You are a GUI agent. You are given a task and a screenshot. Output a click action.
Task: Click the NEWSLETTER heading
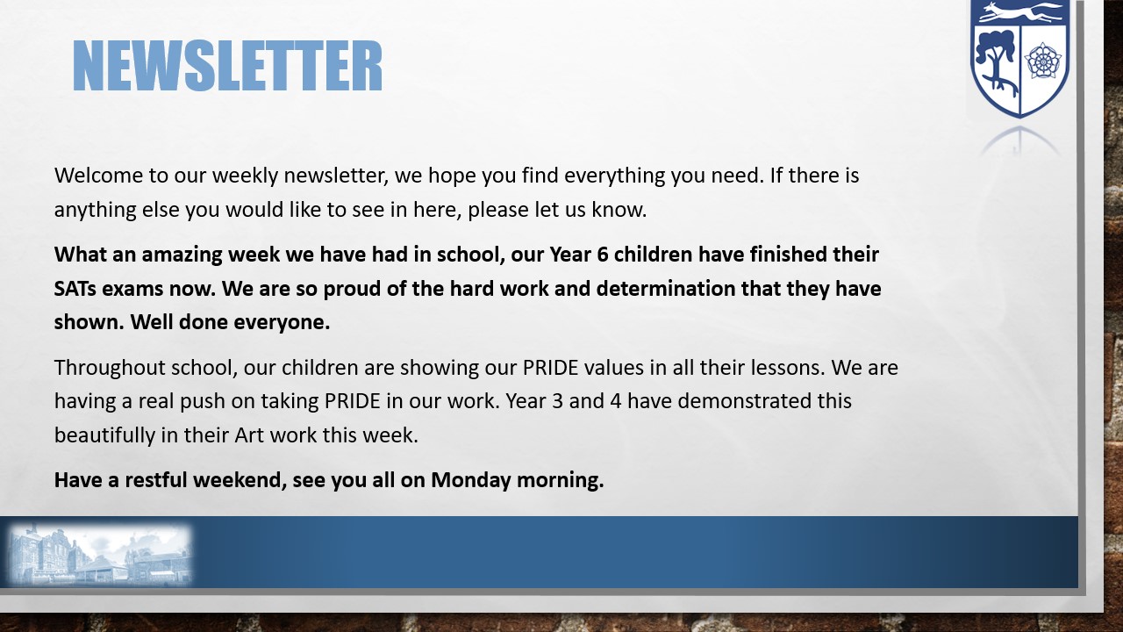tap(227, 66)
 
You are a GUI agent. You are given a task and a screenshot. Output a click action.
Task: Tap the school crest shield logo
tap(1019, 59)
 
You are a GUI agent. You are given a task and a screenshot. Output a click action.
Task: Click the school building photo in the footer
tap(99, 554)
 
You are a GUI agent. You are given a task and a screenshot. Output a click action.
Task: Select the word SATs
tap(75, 289)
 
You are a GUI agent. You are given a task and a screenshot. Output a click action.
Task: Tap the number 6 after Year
tap(603, 255)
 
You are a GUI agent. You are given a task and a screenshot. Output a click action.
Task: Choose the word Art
tap(249, 434)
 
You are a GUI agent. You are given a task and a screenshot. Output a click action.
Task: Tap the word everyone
tap(282, 322)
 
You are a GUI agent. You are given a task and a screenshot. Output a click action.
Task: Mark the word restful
tap(156, 480)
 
